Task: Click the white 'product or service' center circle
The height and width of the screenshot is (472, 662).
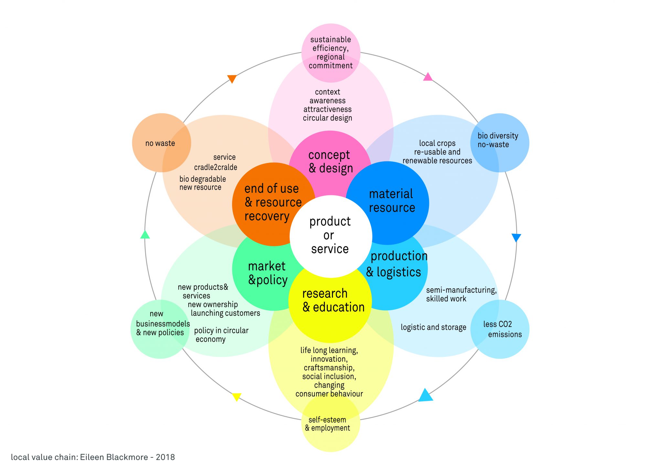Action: [330, 236]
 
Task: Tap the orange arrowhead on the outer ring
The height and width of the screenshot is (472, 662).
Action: [232, 79]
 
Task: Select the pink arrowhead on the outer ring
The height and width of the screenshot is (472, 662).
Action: [428, 77]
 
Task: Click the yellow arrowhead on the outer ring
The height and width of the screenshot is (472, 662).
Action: [237, 396]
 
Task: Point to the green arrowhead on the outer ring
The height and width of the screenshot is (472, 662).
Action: [145, 235]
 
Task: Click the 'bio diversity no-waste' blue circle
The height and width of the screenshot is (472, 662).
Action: [500, 143]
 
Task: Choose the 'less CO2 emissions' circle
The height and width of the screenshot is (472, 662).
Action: [500, 329]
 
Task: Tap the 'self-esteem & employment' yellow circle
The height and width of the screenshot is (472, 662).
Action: [330, 424]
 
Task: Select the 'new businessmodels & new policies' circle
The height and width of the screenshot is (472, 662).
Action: [160, 329]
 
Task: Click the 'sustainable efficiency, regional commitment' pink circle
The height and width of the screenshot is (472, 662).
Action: [331, 53]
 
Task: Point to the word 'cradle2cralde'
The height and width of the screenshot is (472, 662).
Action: [216, 167]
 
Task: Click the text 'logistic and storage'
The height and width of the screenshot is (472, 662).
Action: [433, 327]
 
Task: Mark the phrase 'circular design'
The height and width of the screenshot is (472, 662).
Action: [327, 118]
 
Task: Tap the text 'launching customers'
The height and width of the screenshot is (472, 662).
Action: [225, 313]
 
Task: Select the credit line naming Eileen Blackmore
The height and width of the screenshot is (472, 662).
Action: [93, 457]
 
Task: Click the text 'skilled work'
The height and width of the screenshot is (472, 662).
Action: [446, 299]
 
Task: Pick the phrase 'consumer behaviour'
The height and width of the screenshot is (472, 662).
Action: [329, 394]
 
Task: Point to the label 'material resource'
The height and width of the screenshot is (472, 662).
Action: [392, 201]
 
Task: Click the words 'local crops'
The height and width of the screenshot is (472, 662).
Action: [437, 143]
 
